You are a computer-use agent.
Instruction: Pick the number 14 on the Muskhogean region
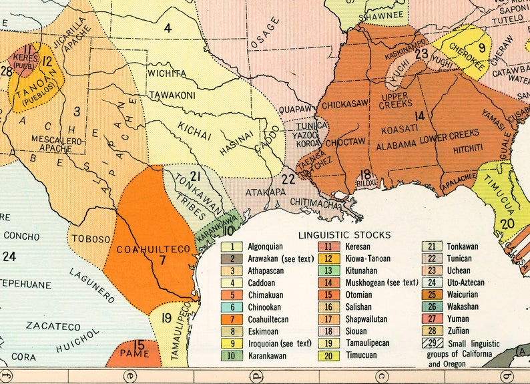(x=419, y=115)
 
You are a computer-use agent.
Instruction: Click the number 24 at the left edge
(x=9, y=256)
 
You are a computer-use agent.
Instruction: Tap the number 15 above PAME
(x=138, y=345)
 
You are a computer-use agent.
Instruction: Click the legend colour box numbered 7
(x=231, y=319)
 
